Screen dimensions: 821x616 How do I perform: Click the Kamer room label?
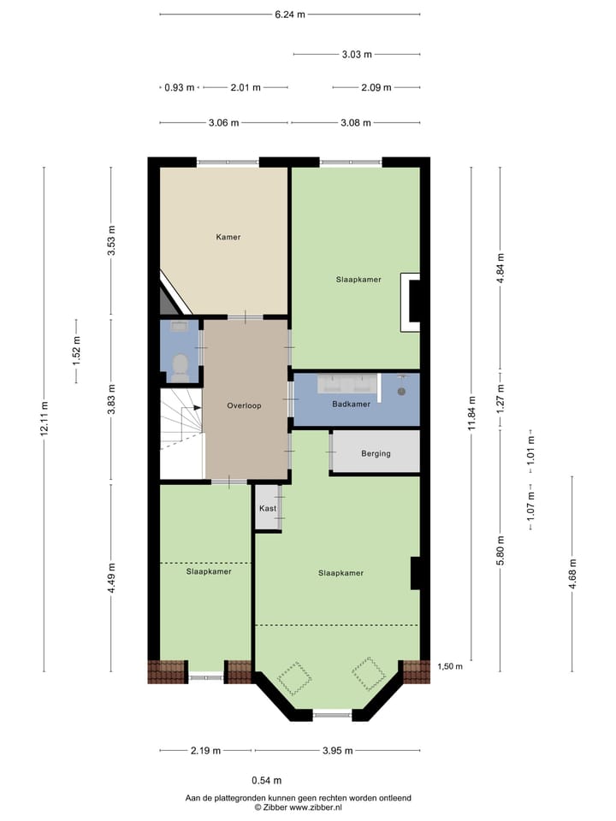point(228,237)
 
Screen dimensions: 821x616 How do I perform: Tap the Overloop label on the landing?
point(244,405)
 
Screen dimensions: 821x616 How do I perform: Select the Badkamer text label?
point(351,405)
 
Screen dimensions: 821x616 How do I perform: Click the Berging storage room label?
point(376,453)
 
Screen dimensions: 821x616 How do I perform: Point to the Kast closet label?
point(267,508)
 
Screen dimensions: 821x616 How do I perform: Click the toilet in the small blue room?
point(180,367)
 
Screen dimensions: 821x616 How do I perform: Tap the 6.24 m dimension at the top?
point(290,15)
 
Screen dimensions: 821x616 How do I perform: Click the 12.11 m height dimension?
point(44,418)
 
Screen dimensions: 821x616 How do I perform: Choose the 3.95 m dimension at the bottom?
point(337,751)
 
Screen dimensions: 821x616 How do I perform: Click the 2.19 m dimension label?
point(205,751)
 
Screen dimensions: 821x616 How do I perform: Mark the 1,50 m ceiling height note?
point(451,666)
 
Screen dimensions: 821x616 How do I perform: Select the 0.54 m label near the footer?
point(266,780)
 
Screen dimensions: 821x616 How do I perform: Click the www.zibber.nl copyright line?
point(298,807)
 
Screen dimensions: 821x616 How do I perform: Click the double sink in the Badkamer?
point(347,383)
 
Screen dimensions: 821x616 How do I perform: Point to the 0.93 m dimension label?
point(180,87)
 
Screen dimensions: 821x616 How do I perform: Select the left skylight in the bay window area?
point(296,678)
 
